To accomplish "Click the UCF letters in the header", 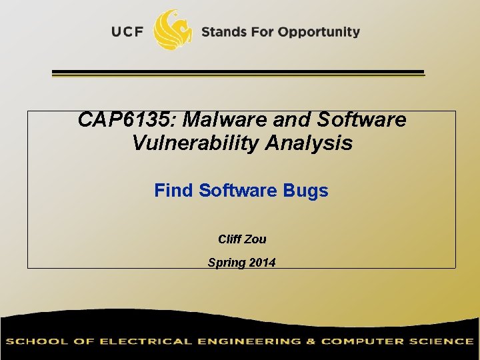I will pyautogui.click(x=127, y=32).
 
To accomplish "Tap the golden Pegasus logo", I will pyautogui.click(x=173, y=30).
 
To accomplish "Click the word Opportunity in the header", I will pyautogui.click(x=319, y=32).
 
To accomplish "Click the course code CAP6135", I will pyautogui.click(x=127, y=120).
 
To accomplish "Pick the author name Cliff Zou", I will pyautogui.click(x=242, y=239).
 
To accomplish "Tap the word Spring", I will pyautogui.click(x=225, y=263).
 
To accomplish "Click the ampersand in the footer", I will pyautogui.click(x=311, y=341).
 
